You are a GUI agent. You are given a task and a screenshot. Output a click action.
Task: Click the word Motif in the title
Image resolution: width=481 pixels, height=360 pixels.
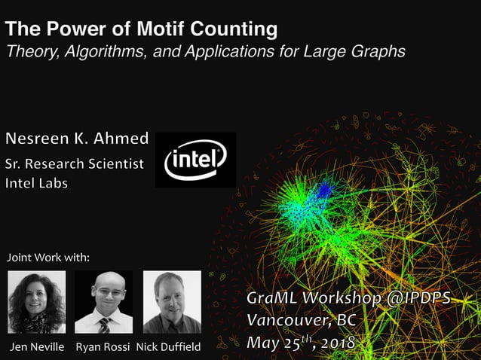(x=161, y=30)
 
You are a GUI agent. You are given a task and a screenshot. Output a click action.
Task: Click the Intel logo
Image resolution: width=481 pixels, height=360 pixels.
(x=195, y=160)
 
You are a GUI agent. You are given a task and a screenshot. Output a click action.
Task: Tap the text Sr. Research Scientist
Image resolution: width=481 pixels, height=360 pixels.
(x=74, y=164)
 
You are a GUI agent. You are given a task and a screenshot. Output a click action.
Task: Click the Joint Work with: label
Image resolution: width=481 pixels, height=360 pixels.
(x=48, y=258)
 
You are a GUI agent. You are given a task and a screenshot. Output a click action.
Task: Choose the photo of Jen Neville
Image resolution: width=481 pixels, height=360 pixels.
(x=36, y=302)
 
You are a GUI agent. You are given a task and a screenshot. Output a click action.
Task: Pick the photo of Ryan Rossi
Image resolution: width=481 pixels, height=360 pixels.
(x=104, y=302)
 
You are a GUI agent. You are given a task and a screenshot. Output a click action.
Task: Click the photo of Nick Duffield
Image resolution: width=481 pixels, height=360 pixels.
(x=172, y=302)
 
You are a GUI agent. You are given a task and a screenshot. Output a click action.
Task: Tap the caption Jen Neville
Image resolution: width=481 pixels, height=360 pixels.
(x=36, y=347)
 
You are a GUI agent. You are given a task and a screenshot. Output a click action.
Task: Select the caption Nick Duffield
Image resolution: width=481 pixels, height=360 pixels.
(x=169, y=347)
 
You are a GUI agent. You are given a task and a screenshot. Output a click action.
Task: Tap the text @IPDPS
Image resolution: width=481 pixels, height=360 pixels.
(x=418, y=299)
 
